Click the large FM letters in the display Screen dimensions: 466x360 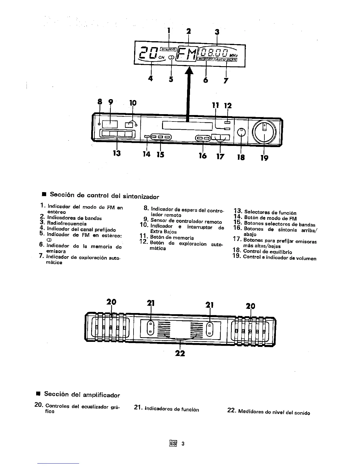point(187,55)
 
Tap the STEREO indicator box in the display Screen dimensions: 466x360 point(169,49)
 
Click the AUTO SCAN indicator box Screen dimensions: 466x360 point(226,59)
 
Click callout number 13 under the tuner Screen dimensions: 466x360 point(117,153)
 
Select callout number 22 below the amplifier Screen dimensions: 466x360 point(180,353)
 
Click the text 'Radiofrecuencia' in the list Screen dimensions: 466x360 point(67,224)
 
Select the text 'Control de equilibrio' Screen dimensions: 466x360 point(267,252)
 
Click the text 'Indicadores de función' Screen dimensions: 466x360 point(172,409)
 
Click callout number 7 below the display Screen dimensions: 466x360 point(226,80)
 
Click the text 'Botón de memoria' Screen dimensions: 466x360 point(172,238)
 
